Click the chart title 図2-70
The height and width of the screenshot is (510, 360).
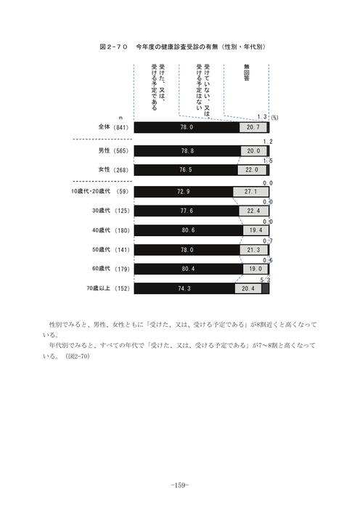[x=113, y=46]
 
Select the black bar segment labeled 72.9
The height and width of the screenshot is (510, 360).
[x=184, y=192]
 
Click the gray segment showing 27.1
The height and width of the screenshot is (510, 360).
[x=251, y=192]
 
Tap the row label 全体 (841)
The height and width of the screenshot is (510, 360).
[x=113, y=127]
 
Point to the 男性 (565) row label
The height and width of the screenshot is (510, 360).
[x=113, y=150]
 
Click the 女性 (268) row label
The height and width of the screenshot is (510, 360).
[x=113, y=170]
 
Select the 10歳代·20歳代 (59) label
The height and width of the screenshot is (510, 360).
[x=100, y=191]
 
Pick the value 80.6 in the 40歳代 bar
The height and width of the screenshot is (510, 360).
[x=188, y=230]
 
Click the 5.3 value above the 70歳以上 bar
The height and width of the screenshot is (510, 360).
[x=265, y=280]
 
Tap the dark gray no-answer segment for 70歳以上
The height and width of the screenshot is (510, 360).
[x=266, y=288]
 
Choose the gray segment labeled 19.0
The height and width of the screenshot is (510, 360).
[x=255, y=269]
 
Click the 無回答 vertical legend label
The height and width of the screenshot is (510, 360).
[x=246, y=73]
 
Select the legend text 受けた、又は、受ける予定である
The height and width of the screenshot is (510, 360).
[x=158, y=87]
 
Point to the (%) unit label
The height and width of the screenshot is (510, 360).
[x=274, y=118]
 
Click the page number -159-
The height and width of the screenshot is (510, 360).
[x=180, y=485]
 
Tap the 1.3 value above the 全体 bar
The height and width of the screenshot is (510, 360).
[x=262, y=117]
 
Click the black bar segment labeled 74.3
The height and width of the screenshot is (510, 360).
[x=184, y=288]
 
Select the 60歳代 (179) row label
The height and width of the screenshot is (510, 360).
[x=111, y=269]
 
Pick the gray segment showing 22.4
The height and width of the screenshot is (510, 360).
[x=254, y=211]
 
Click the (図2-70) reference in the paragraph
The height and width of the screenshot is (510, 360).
[x=78, y=356]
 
